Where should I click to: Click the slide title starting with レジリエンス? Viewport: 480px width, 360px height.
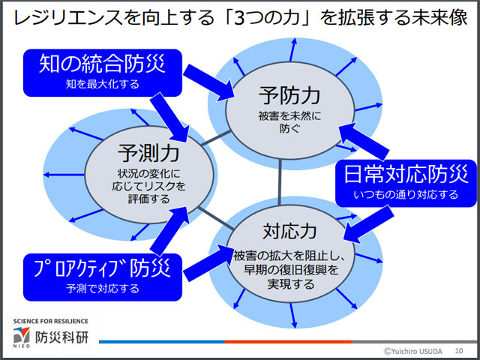tap(239, 16)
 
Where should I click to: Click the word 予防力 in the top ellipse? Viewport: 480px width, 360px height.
tap(290, 94)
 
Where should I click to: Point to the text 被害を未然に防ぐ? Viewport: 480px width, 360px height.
tap(290, 121)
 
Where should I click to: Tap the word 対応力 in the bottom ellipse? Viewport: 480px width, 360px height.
tap(289, 227)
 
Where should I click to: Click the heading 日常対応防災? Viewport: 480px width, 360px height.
tap(406, 174)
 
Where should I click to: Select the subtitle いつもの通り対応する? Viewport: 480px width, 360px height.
tap(406, 195)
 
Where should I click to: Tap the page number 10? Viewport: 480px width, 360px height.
tap(458, 350)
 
